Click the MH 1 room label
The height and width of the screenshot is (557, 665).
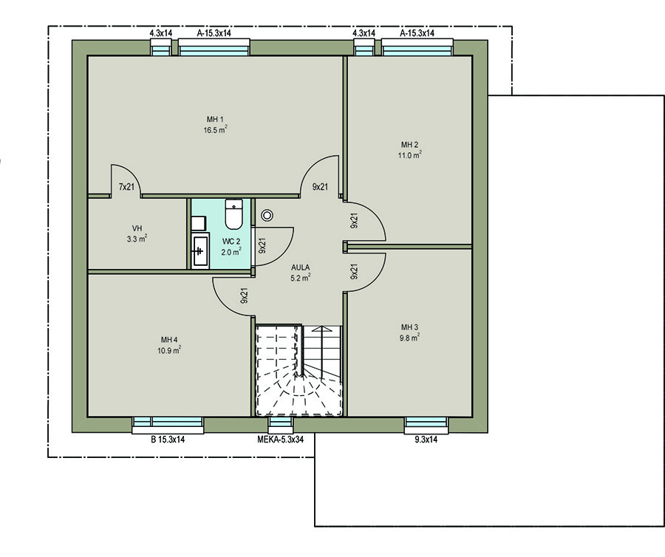215,120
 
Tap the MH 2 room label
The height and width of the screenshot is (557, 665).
409,145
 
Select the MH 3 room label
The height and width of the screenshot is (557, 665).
409,327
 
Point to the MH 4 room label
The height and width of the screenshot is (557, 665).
169,340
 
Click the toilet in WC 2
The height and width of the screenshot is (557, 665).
233,213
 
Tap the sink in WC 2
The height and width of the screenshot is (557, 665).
199,250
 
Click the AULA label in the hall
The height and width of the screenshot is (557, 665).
300,268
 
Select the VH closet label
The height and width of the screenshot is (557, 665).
137,228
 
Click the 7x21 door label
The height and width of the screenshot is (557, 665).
126,187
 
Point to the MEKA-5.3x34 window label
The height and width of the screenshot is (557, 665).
280,440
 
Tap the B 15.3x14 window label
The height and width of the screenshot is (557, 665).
168,440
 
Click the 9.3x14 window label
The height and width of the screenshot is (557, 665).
426,440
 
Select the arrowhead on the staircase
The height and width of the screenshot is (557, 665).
322,329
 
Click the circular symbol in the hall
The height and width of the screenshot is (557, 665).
267,216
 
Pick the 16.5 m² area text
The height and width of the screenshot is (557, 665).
215,130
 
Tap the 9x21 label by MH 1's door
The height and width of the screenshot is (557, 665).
320,187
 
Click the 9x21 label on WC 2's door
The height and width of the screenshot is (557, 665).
262,245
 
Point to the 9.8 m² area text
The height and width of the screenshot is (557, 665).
409,338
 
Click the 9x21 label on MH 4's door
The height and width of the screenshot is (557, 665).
244,296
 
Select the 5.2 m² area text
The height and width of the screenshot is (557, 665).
300,278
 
